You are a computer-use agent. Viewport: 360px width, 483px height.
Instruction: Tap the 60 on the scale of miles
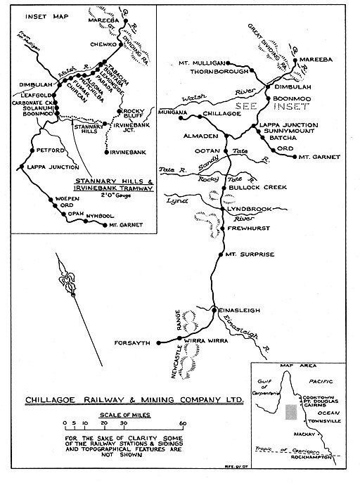[x=182, y=423]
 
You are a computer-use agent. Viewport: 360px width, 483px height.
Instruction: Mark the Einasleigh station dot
[x=214, y=309]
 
